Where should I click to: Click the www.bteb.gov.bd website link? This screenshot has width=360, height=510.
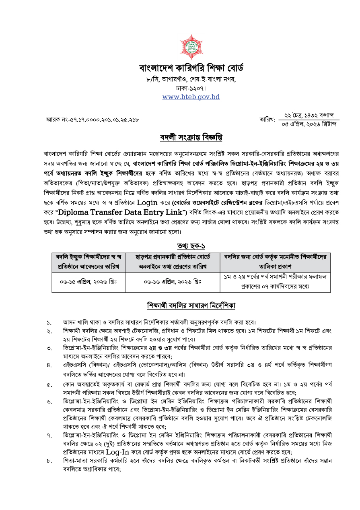click(x=191, y=97)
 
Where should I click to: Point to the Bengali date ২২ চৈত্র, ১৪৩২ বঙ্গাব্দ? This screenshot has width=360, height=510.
click(x=309, y=115)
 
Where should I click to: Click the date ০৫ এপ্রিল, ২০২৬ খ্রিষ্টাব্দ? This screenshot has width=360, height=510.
click(x=309, y=124)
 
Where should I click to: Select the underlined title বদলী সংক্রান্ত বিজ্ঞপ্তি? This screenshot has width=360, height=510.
click(x=191, y=138)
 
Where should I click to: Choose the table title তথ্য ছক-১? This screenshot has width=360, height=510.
click(x=191, y=246)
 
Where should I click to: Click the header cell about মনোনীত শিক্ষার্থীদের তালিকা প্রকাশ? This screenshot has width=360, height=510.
click(x=275, y=262)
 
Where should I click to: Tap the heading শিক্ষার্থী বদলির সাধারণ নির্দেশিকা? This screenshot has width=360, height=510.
click(x=191, y=306)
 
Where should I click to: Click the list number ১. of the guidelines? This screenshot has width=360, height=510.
click(x=49, y=323)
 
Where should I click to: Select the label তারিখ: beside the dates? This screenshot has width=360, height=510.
click(x=267, y=120)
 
